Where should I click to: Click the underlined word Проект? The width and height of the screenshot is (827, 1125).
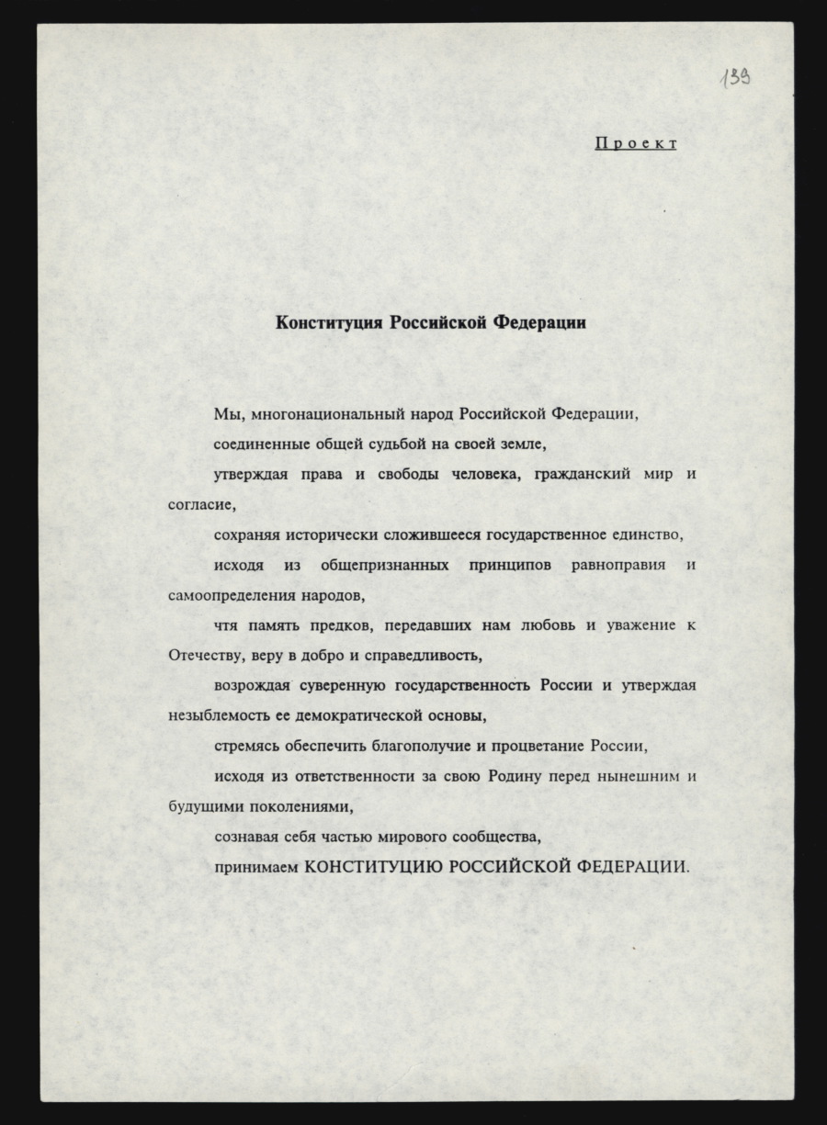click(636, 143)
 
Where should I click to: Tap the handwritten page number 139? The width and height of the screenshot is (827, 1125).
click(735, 80)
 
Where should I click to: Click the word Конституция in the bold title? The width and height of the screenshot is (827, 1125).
click(330, 323)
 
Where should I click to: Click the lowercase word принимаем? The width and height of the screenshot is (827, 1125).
click(256, 867)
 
